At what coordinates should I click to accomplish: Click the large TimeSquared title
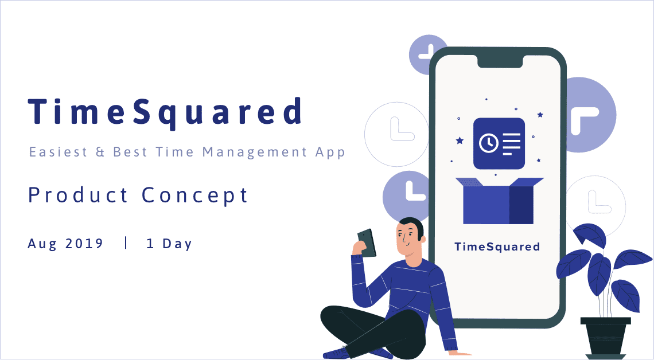coord(165,112)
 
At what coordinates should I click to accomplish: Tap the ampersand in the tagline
coord(100,152)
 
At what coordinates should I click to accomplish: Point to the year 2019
coord(84,243)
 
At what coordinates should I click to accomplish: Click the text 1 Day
coord(169,243)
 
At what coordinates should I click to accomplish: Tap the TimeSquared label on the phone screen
coord(497,247)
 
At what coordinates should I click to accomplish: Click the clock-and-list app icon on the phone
coord(499,143)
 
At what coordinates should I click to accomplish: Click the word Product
coord(79,195)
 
